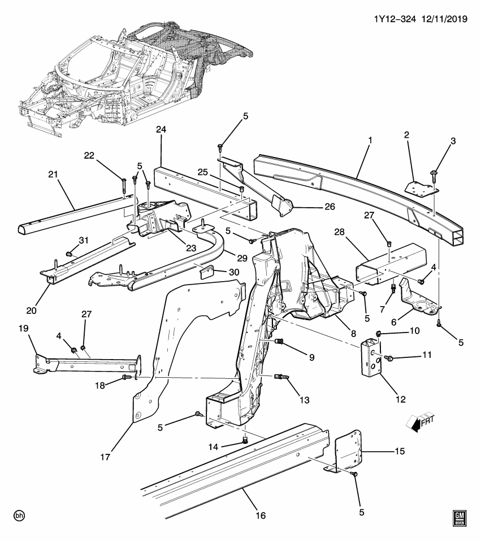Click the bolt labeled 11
(x=389, y=358)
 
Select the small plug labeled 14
(x=245, y=440)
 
